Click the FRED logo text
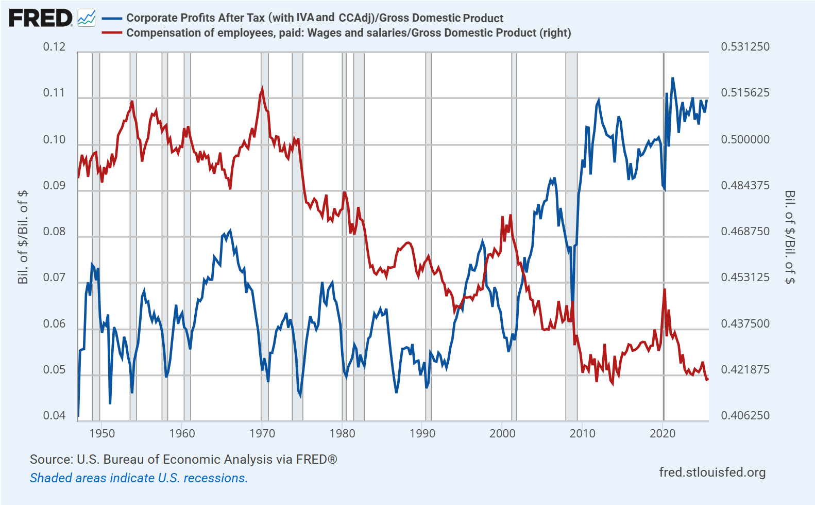pyautogui.click(x=40, y=18)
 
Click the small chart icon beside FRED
pyautogui.click(x=87, y=18)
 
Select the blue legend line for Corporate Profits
pyautogui.click(x=112, y=18)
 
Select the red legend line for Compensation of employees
pyautogui.click(x=112, y=33)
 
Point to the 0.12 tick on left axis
pyautogui.click(x=54, y=47)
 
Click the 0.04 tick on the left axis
pyautogui.click(x=54, y=416)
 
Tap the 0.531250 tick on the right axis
pyautogui.click(x=745, y=47)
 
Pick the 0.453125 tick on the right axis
pyautogui.click(x=745, y=278)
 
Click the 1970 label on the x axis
pyautogui.click(x=262, y=433)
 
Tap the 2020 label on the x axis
pyautogui.click(x=663, y=433)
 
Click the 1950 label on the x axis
pyautogui.click(x=102, y=433)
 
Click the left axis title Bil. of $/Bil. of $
pyautogui.click(x=23, y=237)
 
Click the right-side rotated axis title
pyautogui.click(x=790, y=237)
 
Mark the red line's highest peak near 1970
pyautogui.click(x=262, y=89)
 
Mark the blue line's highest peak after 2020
pyautogui.click(x=672, y=78)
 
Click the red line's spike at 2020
pyautogui.click(x=665, y=290)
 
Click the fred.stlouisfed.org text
pyautogui.click(x=712, y=473)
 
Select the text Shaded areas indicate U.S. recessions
pyautogui.click(x=139, y=478)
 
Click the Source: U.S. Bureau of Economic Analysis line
pyautogui.click(x=183, y=460)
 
